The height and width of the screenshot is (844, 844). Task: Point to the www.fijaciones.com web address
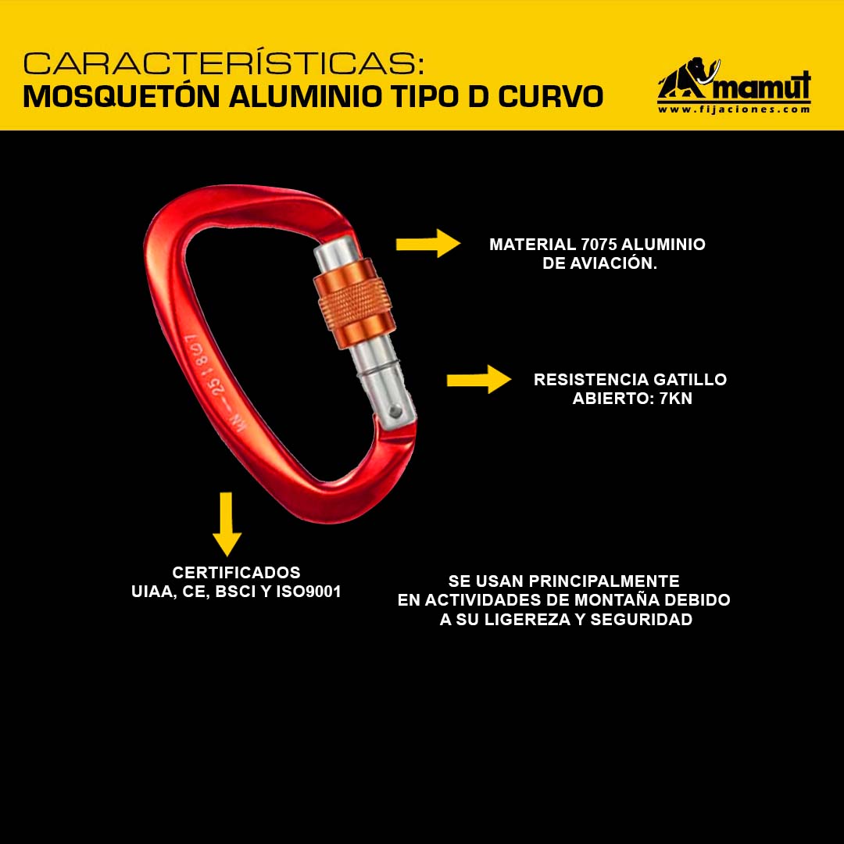(734, 109)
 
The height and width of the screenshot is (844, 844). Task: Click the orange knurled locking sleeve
(354, 303)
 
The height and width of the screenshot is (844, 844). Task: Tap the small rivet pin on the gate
(395, 412)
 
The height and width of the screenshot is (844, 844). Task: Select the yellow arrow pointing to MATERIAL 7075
(428, 243)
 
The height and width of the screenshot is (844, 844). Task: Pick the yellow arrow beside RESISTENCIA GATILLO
(478, 380)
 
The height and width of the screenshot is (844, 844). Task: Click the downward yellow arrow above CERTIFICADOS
(227, 524)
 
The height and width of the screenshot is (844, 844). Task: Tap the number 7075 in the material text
(599, 245)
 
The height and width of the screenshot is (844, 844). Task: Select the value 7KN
(675, 399)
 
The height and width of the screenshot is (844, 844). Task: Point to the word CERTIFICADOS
(236, 572)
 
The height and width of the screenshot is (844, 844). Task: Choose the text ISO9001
(309, 592)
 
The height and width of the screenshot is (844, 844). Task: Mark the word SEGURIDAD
(641, 620)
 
